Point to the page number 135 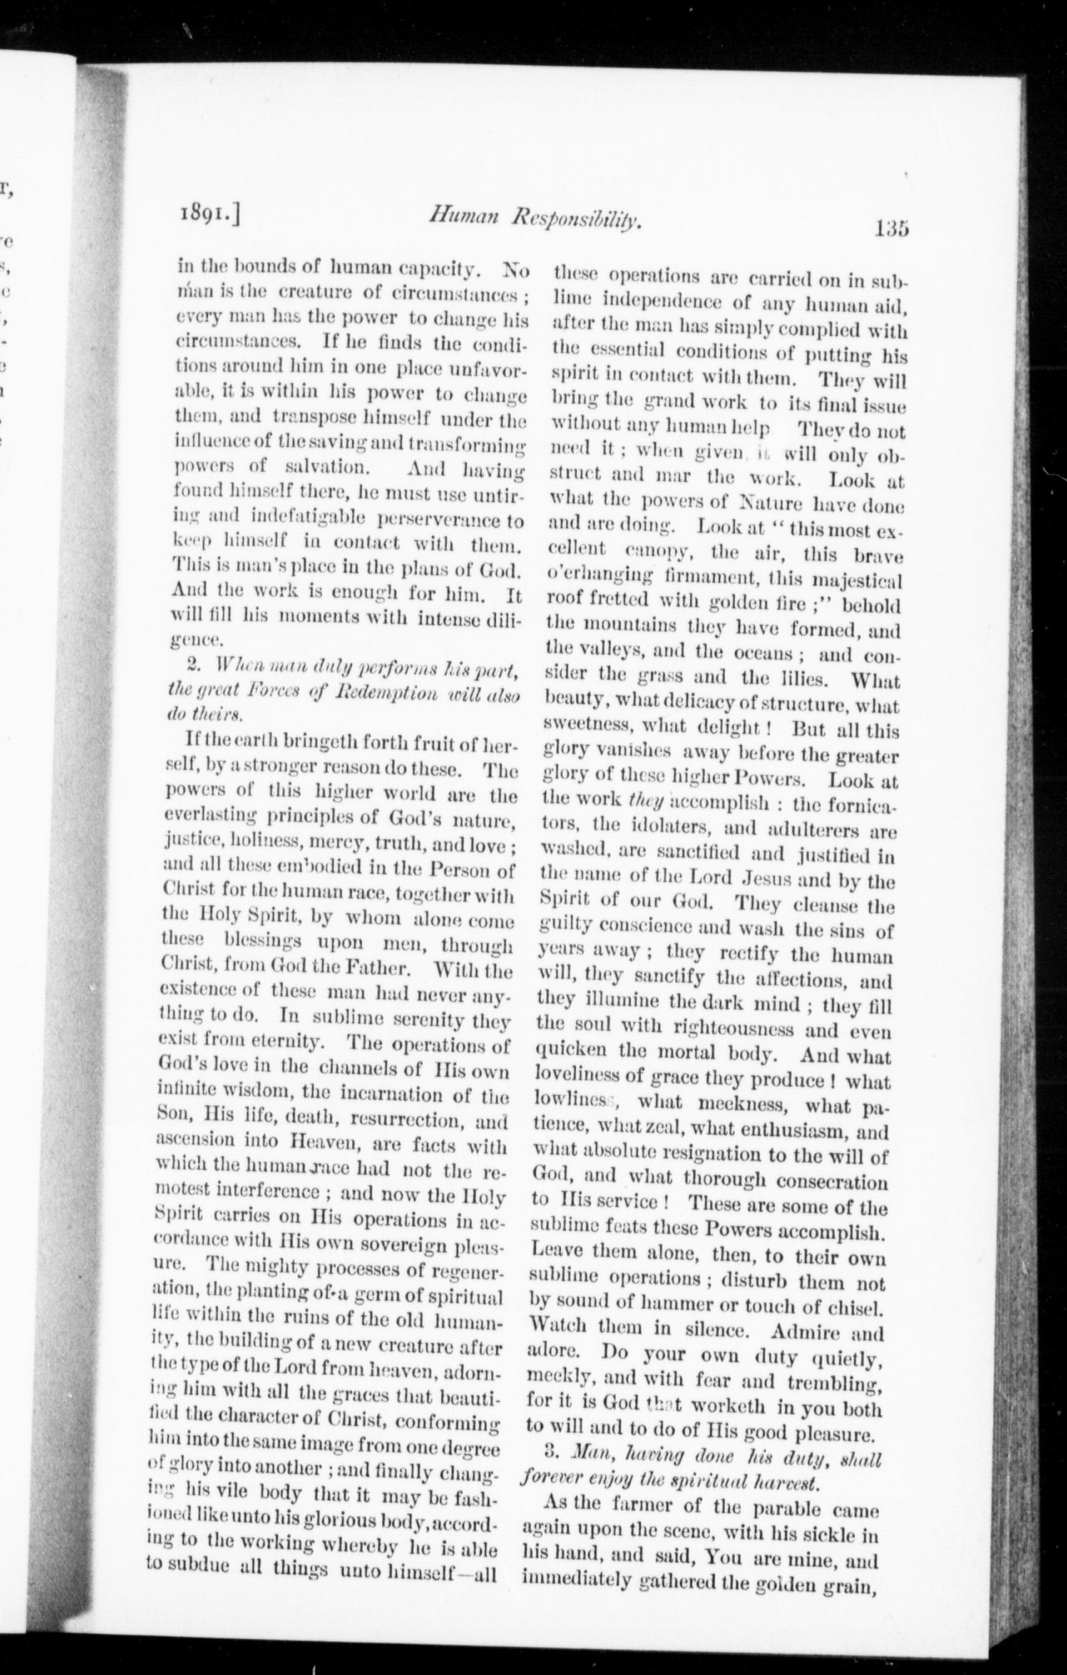(x=892, y=229)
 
